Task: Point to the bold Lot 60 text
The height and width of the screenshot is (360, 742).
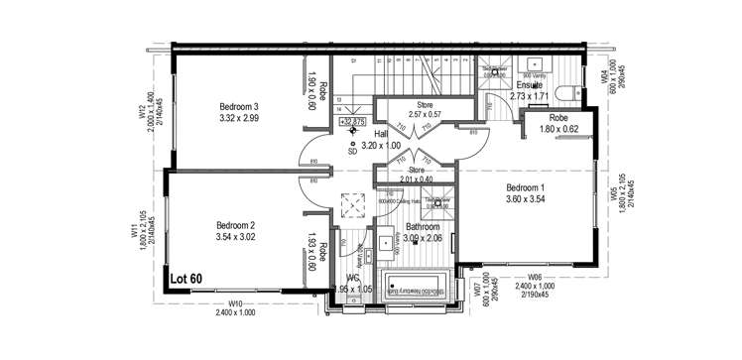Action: click(185, 280)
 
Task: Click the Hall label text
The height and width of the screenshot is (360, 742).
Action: click(381, 132)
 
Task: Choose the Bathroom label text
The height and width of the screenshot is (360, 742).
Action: click(411, 226)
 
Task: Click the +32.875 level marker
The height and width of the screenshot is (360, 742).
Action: click(351, 122)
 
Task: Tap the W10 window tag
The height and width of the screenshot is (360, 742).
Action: click(234, 302)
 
